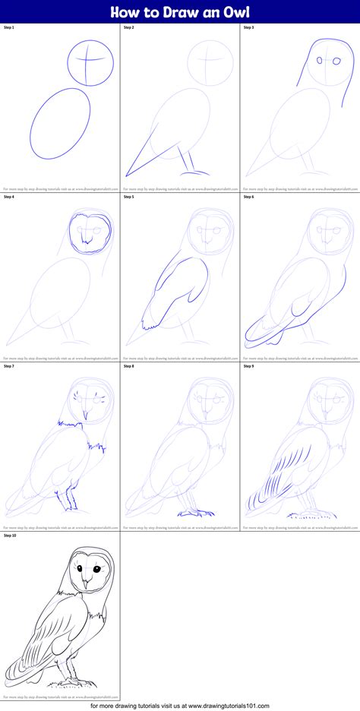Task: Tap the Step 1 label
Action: click(9, 27)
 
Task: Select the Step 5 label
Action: click(129, 197)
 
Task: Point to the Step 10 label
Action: click(10, 535)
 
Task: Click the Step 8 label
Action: click(129, 366)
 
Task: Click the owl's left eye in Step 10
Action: click(77, 568)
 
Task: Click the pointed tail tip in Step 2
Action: click(128, 176)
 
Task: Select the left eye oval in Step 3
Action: click(320, 60)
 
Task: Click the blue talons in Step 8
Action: click(190, 513)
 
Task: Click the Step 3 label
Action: click(248, 27)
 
